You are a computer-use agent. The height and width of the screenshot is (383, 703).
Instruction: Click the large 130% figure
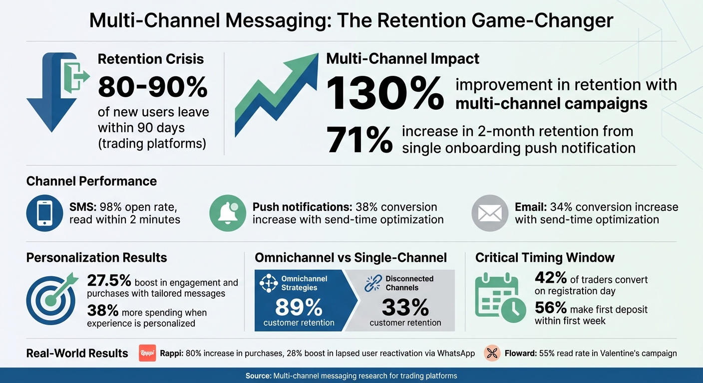[384, 93]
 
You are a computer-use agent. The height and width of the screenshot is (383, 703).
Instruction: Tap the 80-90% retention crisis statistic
[153, 87]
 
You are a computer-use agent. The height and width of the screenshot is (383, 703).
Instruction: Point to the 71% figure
[359, 140]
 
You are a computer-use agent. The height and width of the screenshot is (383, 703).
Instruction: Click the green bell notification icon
[228, 213]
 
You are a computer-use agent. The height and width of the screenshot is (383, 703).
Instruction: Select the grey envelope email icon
[490, 213]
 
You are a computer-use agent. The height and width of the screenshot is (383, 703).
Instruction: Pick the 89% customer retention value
[299, 308]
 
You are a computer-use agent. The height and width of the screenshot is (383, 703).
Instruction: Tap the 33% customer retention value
[405, 308]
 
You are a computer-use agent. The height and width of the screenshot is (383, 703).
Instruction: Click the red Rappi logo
[147, 353]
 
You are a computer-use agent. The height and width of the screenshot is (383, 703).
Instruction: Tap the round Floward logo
[492, 353]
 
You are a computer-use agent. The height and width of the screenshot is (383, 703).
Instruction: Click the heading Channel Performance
[91, 181]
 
